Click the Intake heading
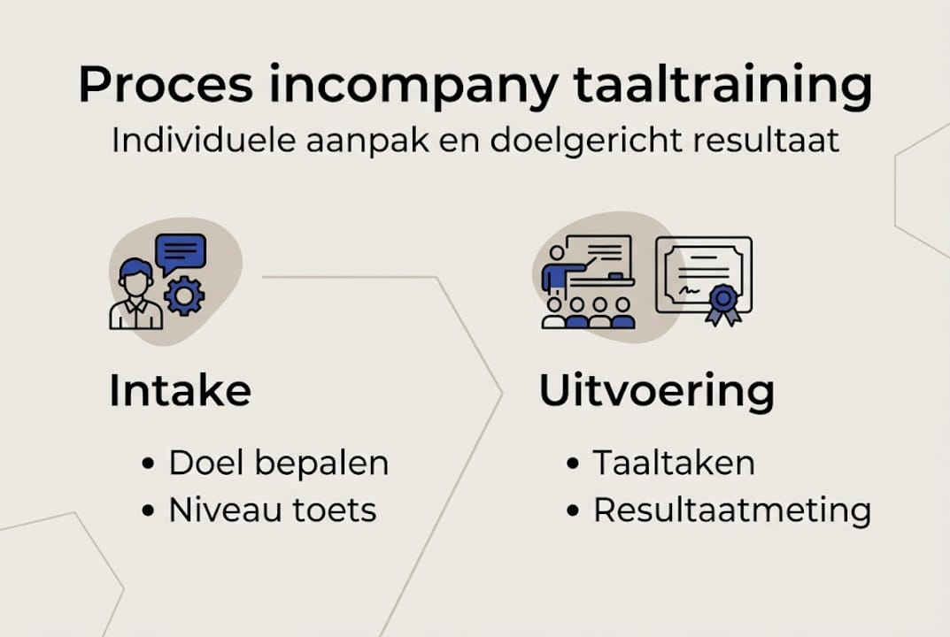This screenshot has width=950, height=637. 180,390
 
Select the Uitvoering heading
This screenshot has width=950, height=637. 657,391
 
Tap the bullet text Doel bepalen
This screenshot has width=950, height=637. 279,463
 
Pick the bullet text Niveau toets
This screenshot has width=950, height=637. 273,510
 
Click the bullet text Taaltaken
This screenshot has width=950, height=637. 674,463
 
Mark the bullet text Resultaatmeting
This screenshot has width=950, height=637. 732,510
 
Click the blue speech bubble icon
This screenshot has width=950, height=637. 181,253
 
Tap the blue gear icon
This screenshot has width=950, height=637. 183,295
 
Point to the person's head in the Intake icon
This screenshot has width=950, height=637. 135,276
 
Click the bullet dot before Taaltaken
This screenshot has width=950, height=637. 574,464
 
